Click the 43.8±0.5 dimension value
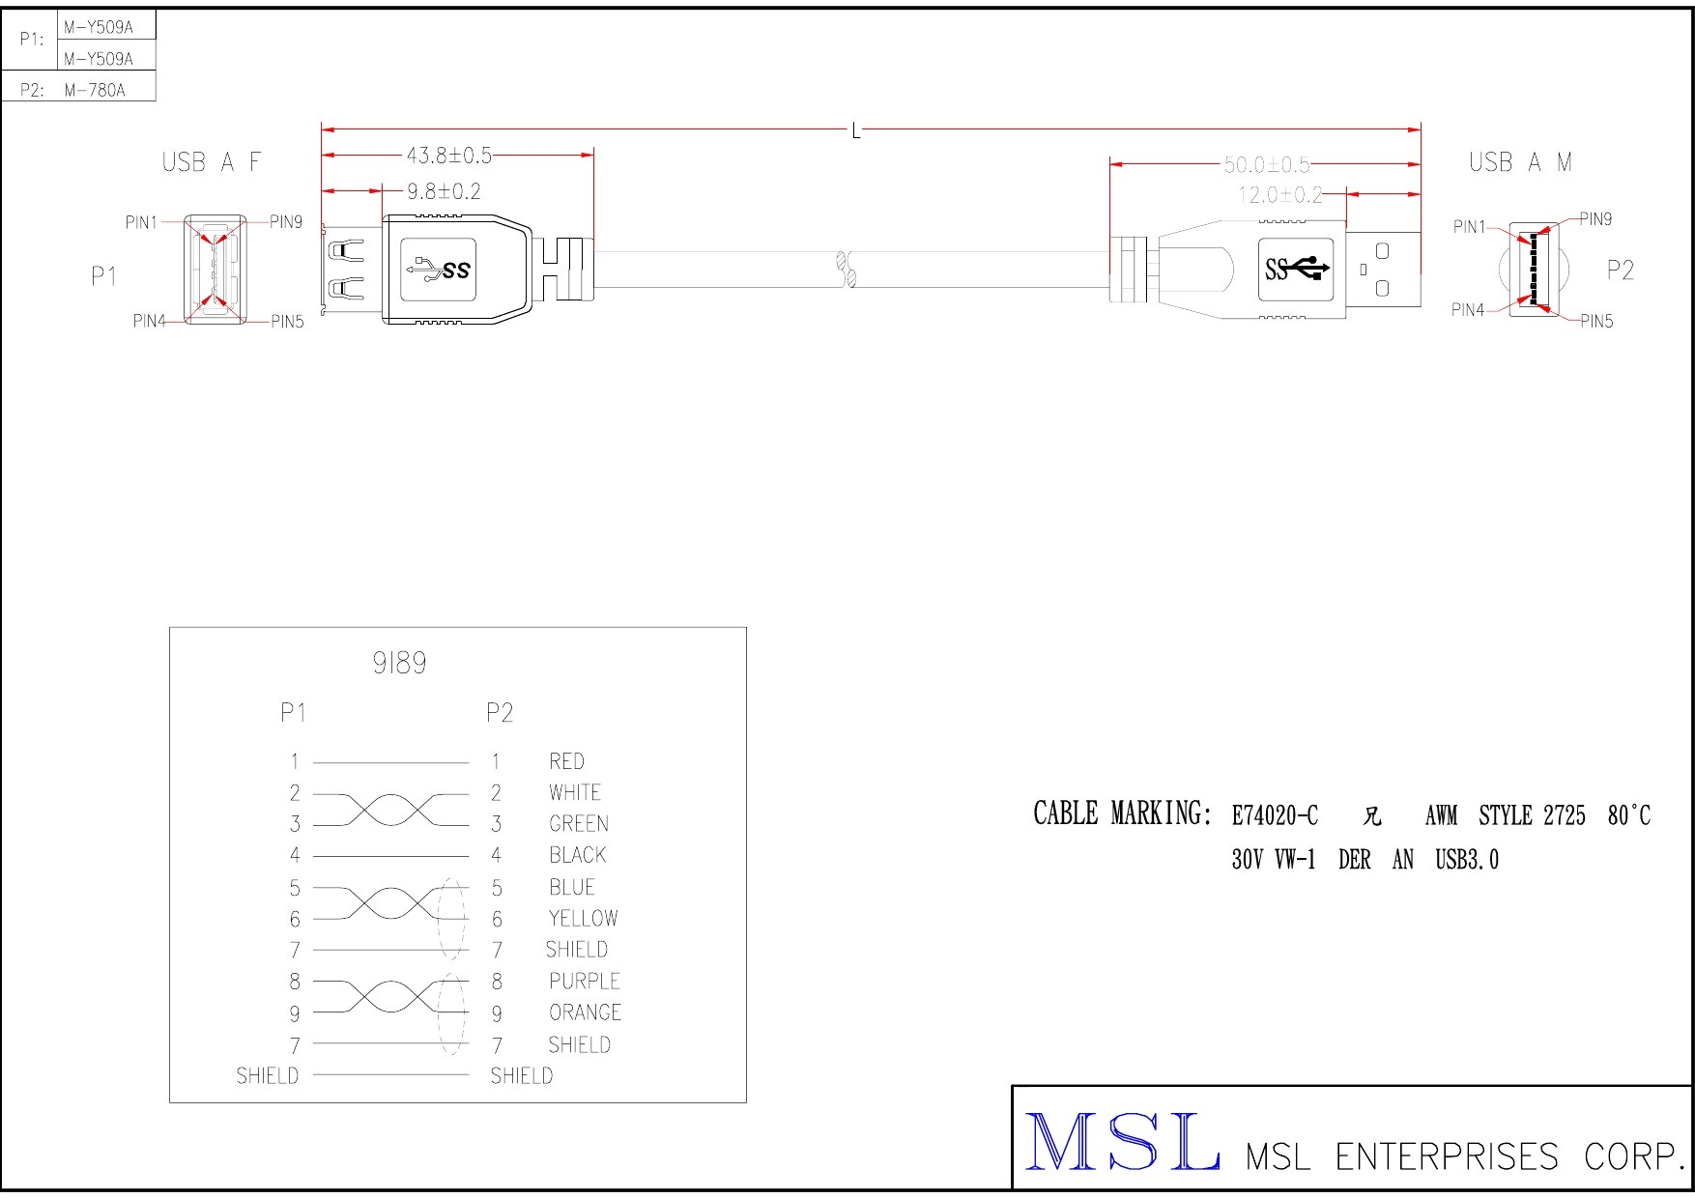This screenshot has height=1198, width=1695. pyautogui.click(x=448, y=156)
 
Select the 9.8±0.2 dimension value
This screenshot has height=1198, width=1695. pyautogui.click(x=444, y=191)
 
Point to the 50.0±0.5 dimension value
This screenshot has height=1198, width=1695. pyautogui.click(x=1267, y=165)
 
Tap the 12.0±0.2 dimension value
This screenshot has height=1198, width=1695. pyautogui.click(x=1280, y=195)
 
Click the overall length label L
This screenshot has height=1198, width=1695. pyautogui.click(x=856, y=131)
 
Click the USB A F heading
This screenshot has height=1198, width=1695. pyautogui.click(x=212, y=162)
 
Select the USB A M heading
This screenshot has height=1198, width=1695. pyautogui.click(x=1520, y=162)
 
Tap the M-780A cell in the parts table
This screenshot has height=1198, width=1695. pyautogui.click(x=95, y=91)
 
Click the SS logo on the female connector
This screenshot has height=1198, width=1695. pyautogui.click(x=440, y=269)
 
